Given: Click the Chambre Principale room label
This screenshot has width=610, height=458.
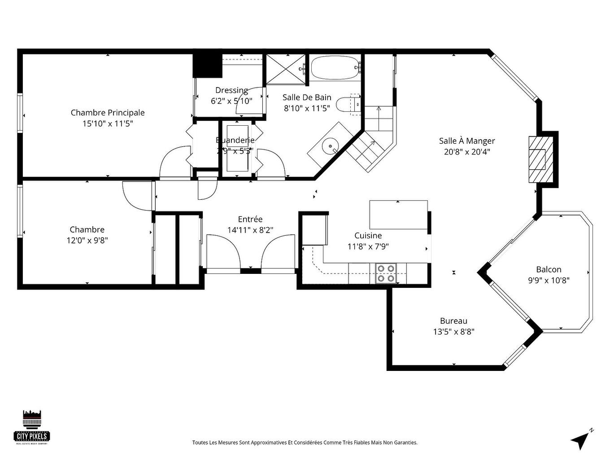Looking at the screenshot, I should (x=108, y=113).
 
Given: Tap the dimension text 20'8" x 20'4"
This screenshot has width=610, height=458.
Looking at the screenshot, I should (x=467, y=152).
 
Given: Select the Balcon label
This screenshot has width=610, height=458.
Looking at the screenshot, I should (x=549, y=269).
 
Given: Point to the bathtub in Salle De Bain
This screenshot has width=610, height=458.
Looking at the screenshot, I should (x=335, y=68).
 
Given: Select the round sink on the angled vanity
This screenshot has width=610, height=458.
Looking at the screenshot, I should (x=331, y=145).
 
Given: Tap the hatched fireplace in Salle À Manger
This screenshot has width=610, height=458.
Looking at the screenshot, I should (x=537, y=159).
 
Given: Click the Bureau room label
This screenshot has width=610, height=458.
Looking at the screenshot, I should (x=453, y=321).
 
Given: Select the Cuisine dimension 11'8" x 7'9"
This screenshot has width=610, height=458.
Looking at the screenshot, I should (x=368, y=246).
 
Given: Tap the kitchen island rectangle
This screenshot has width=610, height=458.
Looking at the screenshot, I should (x=398, y=215).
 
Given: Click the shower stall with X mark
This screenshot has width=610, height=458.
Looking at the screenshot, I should (x=286, y=69).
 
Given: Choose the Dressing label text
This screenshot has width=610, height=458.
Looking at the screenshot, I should (x=231, y=90).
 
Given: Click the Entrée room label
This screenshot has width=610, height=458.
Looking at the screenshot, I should (x=250, y=219).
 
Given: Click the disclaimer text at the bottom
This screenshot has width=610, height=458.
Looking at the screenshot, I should (x=305, y=442).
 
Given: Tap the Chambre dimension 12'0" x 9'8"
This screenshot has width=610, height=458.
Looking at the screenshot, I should (x=87, y=241).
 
